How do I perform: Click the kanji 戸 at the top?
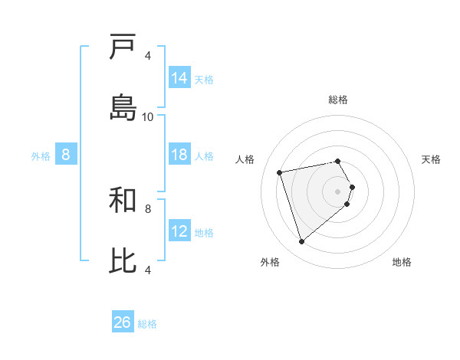pyautogui.click(x=123, y=47)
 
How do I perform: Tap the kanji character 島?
pyautogui.click(x=123, y=107)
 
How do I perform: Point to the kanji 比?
pyautogui.click(x=123, y=260)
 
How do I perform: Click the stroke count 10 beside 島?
pyautogui.click(x=148, y=117)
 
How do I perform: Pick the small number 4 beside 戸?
pyautogui.click(x=148, y=56)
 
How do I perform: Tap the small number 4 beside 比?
pyautogui.click(x=148, y=270)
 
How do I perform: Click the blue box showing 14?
pyautogui.click(x=179, y=78)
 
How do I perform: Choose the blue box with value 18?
pyautogui.click(x=179, y=155)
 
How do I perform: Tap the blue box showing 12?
pyautogui.click(x=179, y=231)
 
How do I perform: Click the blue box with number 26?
pyautogui.click(x=123, y=322)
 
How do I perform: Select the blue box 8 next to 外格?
pyautogui.click(x=66, y=155)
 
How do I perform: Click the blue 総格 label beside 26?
pyautogui.click(x=147, y=324)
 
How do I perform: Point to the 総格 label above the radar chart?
pyautogui.click(x=338, y=100)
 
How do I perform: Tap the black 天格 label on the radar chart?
pyautogui.click(x=432, y=159)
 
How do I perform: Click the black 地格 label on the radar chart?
pyautogui.click(x=402, y=262)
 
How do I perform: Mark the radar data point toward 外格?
pyautogui.click(x=301, y=242)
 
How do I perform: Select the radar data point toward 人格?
pyautogui.click(x=280, y=172)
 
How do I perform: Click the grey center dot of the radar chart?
pyautogui.click(x=338, y=191)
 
